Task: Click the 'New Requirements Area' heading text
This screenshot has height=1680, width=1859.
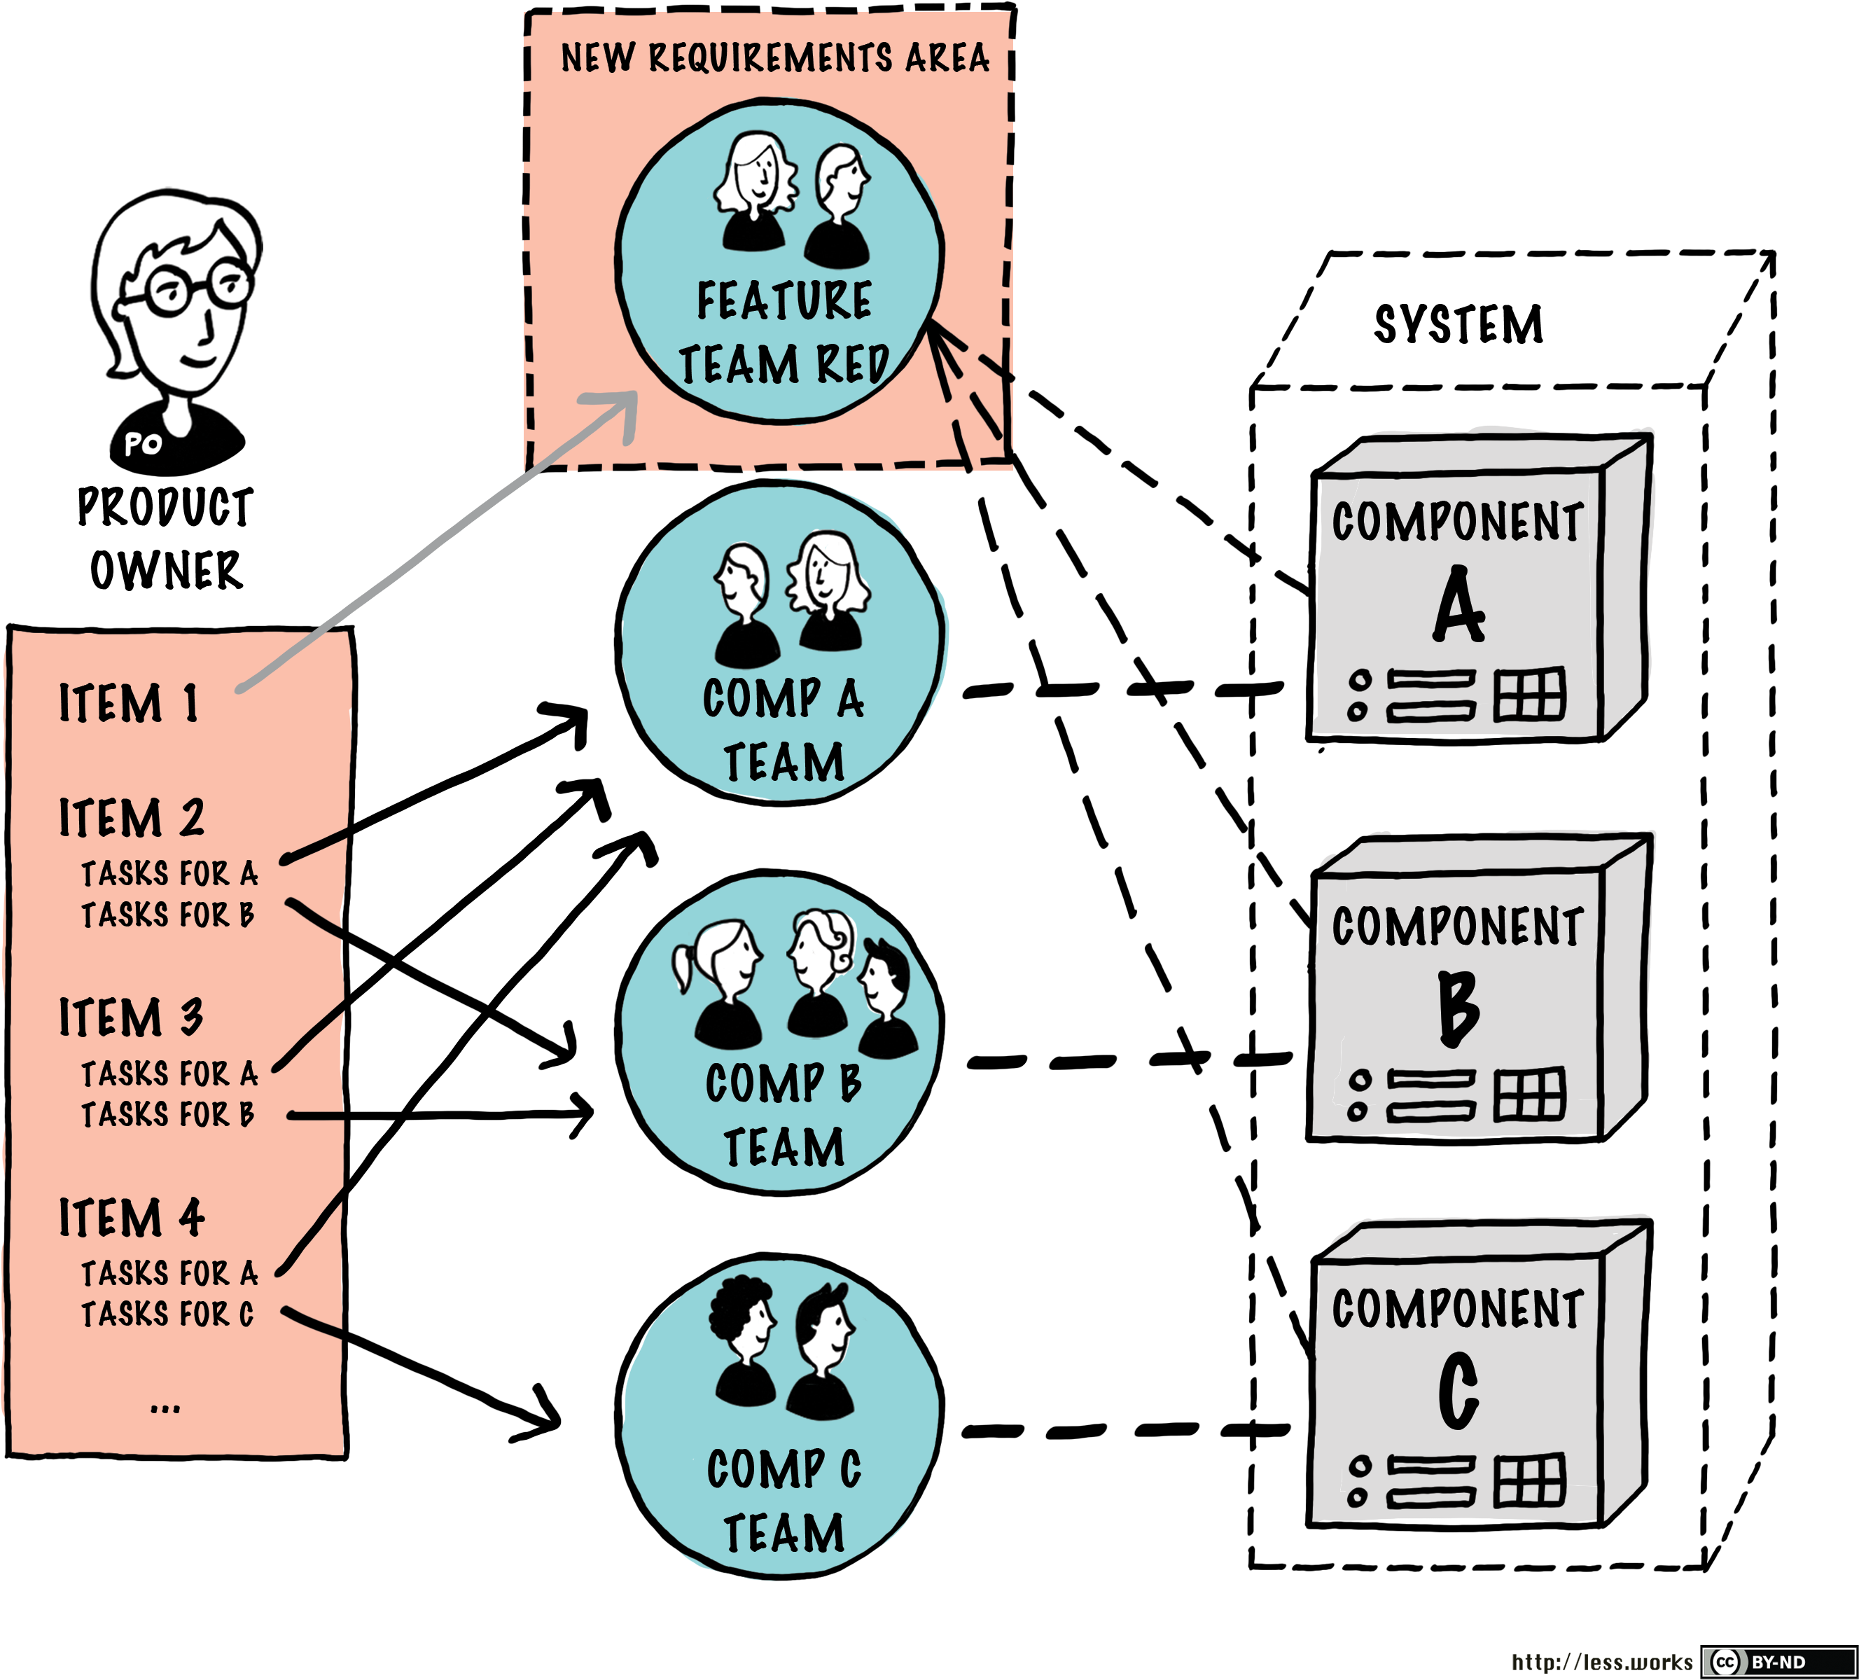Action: [774, 57]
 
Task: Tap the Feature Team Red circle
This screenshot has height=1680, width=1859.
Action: [780, 263]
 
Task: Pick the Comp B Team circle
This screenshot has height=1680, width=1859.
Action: [780, 1033]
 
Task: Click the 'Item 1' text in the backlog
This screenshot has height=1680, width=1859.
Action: [129, 704]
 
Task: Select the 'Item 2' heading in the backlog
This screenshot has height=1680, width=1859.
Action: [132, 818]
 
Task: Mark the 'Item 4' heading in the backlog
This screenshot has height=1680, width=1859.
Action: [132, 1218]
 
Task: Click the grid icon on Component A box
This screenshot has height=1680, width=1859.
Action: [1530, 693]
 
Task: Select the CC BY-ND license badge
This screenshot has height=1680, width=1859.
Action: [1777, 1662]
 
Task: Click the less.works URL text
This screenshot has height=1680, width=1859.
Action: [1602, 1662]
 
